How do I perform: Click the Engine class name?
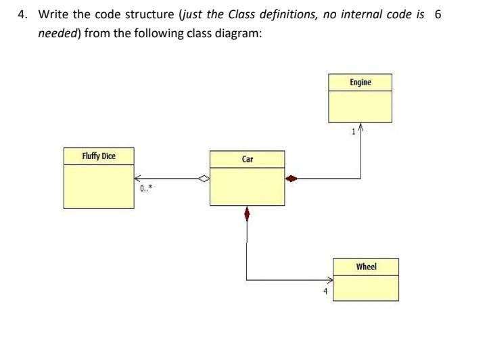361,83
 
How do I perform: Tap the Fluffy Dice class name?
99,156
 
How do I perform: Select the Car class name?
248,160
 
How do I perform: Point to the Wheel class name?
366,267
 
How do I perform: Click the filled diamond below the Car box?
247,215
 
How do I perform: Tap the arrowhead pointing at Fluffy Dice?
137,179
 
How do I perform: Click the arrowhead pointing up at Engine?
361,128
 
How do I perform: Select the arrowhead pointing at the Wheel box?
331,279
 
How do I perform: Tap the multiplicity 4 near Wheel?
325,291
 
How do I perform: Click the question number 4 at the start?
22,14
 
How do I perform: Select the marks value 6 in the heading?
438,14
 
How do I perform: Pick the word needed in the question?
57,33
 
